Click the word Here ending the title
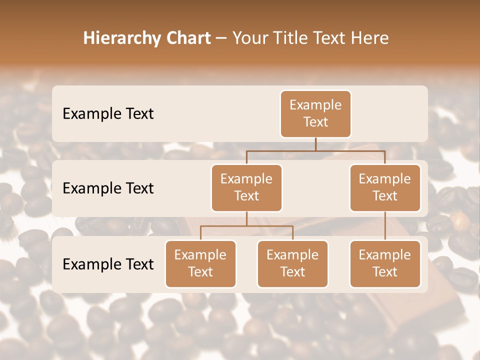pos(370,38)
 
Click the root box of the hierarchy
pos(315,113)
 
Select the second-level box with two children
pos(246,187)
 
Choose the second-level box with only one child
pos(385,187)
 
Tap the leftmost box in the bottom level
pos(200,263)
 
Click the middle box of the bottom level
pos(292,263)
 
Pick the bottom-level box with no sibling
pos(385,263)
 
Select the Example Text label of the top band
pos(108,114)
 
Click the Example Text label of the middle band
pos(108,188)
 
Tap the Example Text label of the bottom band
pos(108,264)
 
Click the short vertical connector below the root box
pos(315,144)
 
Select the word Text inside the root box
pos(315,122)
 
